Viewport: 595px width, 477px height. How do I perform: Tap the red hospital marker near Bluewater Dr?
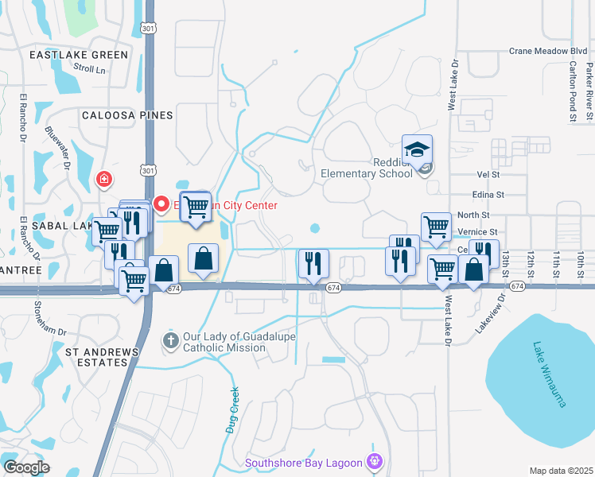coord(103,180)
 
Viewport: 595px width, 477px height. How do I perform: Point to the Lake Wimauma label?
coord(547,374)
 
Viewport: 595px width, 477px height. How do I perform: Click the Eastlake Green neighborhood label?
coord(79,55)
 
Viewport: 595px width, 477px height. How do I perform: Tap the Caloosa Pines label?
coord(127,115)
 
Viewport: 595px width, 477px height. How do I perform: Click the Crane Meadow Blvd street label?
coord(547,50)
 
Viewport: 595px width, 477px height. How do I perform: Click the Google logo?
coord(26,467)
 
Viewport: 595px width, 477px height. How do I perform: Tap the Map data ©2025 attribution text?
coord(561,471)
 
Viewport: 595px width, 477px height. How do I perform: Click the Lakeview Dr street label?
coord(490,312)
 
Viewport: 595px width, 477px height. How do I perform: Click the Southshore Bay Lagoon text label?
coord(305,462)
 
